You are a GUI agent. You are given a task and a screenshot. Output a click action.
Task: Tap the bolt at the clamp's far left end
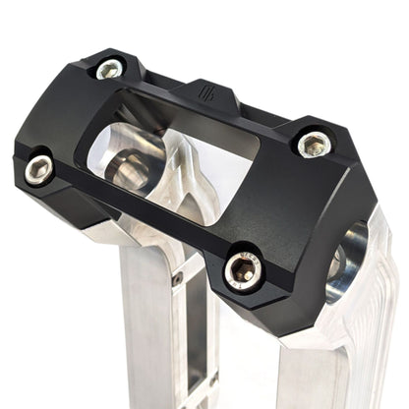pyautogui.click(x=38, y=169)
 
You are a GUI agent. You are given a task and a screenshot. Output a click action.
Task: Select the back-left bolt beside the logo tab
pyautogui.click(x=109, y=69)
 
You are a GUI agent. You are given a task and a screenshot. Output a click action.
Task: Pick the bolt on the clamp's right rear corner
pyautogui.click(x=313, y=145)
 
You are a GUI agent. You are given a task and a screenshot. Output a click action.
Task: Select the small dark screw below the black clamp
pyautogui.click(x=177, y=279)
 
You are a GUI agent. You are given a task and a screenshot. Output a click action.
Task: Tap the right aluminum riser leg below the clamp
pyautogui.click(x=315, y=374)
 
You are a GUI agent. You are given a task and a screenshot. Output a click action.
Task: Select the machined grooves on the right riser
pyautogui.click(x=379, y=324)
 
